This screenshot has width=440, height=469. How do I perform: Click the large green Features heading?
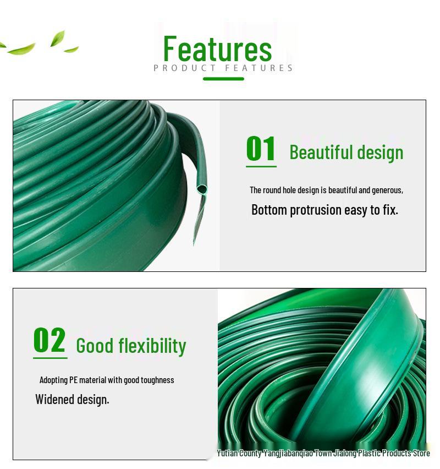pos(218,48)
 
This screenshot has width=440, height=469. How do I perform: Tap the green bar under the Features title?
pos(223,79)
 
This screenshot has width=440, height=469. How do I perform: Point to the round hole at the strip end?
pos(202,189)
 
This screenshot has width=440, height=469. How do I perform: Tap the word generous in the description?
pos(387,190)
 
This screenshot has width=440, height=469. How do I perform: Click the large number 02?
pos(50,340)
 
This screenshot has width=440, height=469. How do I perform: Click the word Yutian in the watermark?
pos(227,454)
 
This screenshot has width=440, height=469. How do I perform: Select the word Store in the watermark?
pos(421,454)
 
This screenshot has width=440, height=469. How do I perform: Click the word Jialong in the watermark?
pos(344,454)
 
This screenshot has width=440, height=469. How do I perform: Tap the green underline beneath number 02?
pos(50,358)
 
